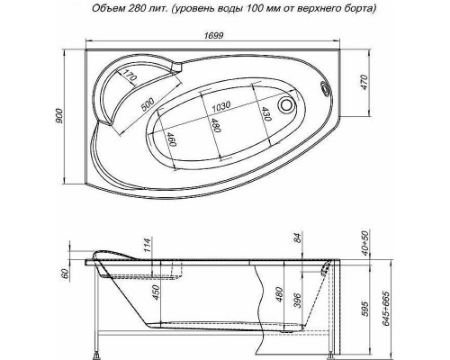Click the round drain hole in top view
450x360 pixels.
tap(289, 104)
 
